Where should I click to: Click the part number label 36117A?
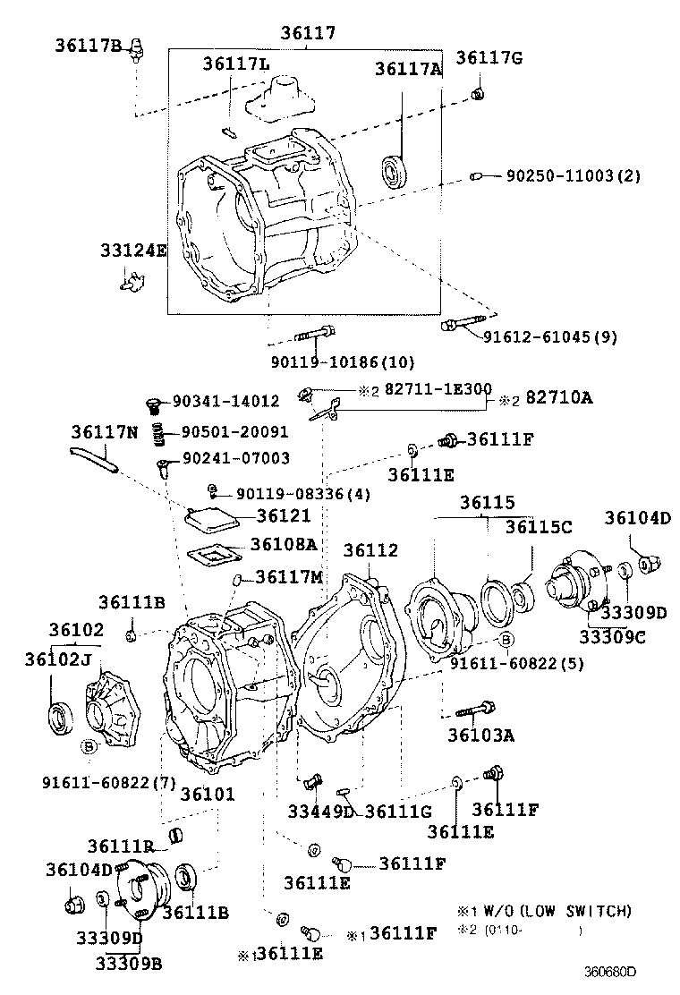pyautogui.click(x=408, y=69)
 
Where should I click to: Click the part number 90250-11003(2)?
pyautogui.click(x=574, y=176)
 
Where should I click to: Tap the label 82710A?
pyautogui.click(x=558, y=398)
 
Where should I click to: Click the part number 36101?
pyautogui.click(x=208, y=795)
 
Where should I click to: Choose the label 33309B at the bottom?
pyautogui.click(x=129, y=963)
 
